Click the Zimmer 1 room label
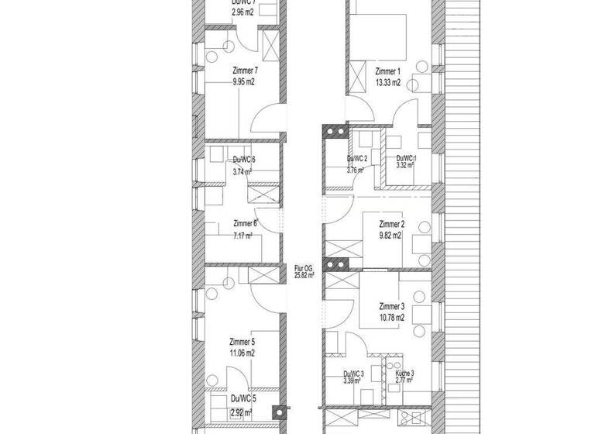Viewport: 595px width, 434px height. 387,72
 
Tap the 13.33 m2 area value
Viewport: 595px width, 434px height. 387,81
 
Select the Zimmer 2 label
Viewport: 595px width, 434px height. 391,225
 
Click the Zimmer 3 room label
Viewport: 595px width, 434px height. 391,306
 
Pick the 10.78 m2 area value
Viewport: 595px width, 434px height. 391,316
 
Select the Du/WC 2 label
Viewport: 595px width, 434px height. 357,158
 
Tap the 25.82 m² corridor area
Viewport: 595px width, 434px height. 304,274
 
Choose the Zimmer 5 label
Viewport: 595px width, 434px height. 242,341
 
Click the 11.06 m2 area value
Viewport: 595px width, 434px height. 242,351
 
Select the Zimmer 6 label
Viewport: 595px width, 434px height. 245,225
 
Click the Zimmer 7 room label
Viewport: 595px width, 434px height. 244,70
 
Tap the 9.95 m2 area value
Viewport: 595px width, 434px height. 243,80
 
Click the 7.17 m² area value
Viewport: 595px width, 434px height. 243,235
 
